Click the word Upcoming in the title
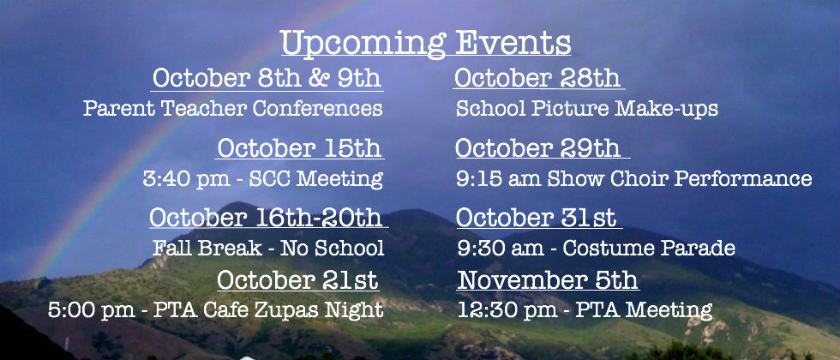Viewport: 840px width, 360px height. click(x=363, y=43)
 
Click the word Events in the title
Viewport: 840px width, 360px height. click(x=513, y=42)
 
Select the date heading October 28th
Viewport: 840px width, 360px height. click(x=537, y=78)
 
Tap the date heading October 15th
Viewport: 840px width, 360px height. click(x=299, y=147)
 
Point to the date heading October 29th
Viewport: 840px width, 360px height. click(x=538, y=147)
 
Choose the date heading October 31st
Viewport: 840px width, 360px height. click(x=536, y=218)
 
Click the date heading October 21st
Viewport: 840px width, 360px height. click(x=297, y=279)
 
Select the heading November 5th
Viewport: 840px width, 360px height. click(x=548, y=279)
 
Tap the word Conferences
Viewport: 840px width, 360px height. click(x=317, y=108)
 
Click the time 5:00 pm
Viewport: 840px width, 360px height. click(x=92, y=309)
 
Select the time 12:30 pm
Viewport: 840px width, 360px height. click(x=507, y=309)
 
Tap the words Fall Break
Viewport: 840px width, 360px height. click(x=207, y=248)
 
